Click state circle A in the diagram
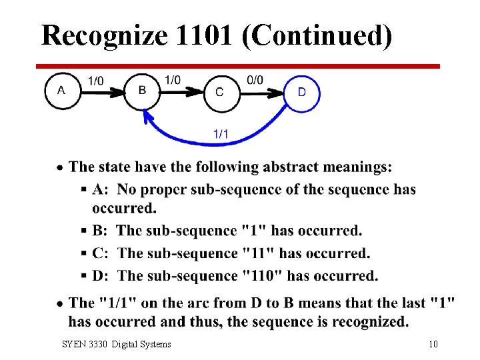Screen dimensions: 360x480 pos(61,90)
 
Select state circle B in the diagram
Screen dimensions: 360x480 pos(143,91)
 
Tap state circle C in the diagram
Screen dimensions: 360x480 pos(219,93)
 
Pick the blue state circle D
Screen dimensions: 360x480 pos(302,92)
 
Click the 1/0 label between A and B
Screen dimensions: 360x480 pos(95,81)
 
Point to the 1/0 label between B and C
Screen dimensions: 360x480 pos(173,80)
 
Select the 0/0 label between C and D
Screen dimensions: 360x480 pos(255,80)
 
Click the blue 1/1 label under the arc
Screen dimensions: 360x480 pos(221,134)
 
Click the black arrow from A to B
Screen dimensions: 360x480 pos(103,92)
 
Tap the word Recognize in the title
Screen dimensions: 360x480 pos(103,35)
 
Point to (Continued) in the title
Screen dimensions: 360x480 pos(317,35)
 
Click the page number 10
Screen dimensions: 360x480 pos(433,344)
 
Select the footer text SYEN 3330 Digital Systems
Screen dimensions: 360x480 pos(116,344)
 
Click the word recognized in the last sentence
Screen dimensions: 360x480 pos(367,322)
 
